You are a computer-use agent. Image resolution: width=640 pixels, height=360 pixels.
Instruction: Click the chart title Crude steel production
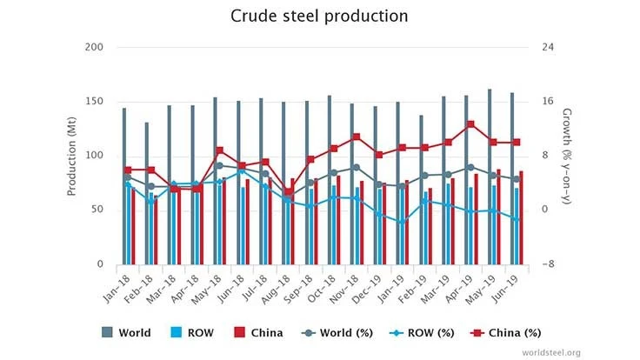coord(318,17)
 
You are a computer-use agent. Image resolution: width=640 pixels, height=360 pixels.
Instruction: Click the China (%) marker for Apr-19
coord(470,124)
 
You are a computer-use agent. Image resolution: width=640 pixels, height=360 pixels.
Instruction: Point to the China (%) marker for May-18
coord(220,150)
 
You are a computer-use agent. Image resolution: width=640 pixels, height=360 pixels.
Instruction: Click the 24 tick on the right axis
coord(547,47)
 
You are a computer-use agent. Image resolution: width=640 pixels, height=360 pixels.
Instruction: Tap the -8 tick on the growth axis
coord(547,264)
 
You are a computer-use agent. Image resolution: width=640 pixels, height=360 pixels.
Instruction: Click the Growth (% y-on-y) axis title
coord(567,156)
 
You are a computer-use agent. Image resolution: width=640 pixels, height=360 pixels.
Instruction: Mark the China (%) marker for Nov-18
coord(357,137)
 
